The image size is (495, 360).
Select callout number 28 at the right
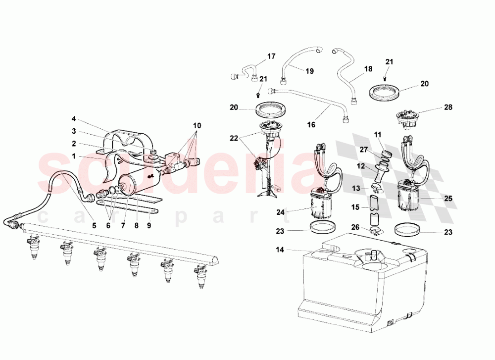pyautogui.click(x=448, y=107)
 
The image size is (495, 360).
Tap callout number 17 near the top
pyautogui.click(x=271, y=56)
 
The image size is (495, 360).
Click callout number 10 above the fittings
pyautogui.click(x=198, y=125)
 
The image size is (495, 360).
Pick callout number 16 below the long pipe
pyautogui.click(x=311, y=125)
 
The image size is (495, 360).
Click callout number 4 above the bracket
pyautogui.click(x=74, y=119)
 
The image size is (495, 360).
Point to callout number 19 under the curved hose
pyautogui.click(x=309, y=71)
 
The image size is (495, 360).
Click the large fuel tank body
pyautogui.click(x=361, y=292)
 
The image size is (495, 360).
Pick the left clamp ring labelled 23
pyautogui.click(x=321, y=229)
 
